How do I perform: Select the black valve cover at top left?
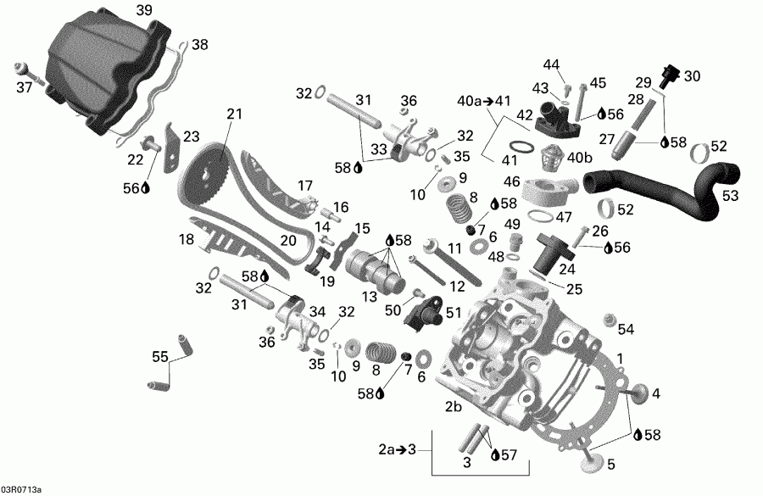(102, 72)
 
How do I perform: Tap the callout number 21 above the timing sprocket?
(234, 114)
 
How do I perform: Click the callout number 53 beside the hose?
(730, 196)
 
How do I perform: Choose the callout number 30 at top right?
(693, 76)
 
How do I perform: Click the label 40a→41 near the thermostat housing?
(484, 101)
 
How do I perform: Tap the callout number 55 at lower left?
(159, 356)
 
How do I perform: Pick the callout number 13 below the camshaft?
(370, 296)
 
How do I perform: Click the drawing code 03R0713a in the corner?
(23, 489)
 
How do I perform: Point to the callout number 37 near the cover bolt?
(25, 86)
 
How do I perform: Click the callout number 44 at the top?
(552, 65)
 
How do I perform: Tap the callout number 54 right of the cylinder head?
(626, 329)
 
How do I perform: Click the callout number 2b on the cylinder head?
(454, 406)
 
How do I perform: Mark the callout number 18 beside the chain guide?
(187, 240)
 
